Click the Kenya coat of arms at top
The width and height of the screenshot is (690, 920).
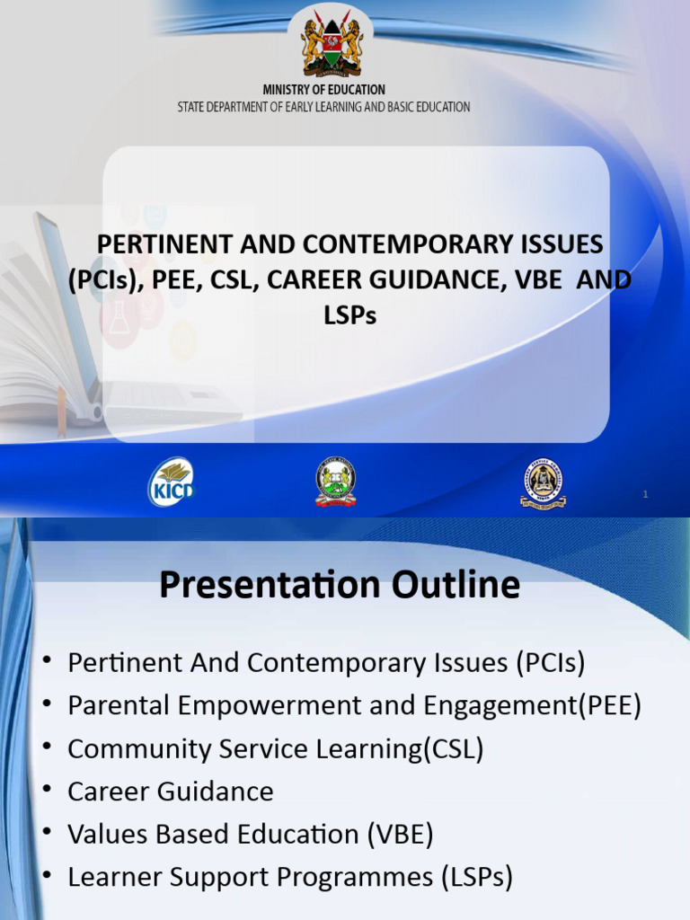(332, 45)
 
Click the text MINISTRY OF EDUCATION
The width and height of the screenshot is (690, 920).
(323, 90)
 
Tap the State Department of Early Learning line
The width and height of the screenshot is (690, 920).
(323, 107)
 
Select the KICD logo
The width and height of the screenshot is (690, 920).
(171, 482)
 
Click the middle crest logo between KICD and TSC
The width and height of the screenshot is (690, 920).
(336, 482)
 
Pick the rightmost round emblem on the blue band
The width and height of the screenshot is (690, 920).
(543, 483)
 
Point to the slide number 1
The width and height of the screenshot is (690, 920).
(646, 495)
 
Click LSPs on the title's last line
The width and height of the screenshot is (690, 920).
(349, 315)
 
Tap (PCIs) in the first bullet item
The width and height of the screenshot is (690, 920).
(550, 663)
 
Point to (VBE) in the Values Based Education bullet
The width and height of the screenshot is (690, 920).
(399, 835)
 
